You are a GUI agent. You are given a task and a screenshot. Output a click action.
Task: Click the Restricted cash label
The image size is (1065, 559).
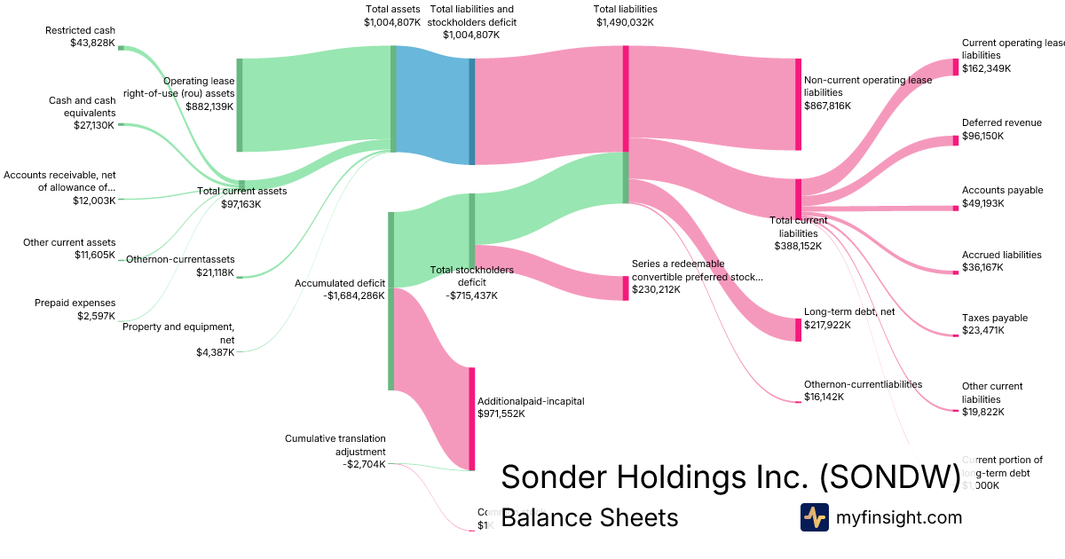click(x=81, y=30)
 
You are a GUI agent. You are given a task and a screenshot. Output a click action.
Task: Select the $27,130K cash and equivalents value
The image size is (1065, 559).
click(x=94, y=125)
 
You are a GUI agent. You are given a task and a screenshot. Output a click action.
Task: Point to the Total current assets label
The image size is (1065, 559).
click(x=241, y=191)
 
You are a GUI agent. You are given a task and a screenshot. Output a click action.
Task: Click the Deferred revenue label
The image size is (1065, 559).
click(x=1001, y=122)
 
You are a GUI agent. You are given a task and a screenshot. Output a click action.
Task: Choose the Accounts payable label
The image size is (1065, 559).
click(x=1002, y=190)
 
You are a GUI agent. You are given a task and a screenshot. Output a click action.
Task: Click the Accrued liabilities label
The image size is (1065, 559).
click(x=1001, y=255)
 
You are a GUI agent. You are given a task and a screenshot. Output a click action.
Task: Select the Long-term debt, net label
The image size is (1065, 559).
click(x=849, y=312)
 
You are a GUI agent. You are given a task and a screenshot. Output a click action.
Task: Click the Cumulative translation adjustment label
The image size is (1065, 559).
click(x=335, y=445)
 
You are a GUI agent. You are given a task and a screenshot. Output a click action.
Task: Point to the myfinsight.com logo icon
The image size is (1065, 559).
click(x=814, y=517)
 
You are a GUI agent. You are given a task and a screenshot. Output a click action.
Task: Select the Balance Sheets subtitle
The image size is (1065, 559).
click(x=589, y=517)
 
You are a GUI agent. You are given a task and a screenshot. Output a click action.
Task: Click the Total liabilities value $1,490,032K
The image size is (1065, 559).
click(x=626, y=22)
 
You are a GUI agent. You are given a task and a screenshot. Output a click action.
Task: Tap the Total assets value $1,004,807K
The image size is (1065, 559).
click(x=392, y=22)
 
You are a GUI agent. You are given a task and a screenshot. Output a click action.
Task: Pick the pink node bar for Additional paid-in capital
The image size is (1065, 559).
click(x=472, y=418)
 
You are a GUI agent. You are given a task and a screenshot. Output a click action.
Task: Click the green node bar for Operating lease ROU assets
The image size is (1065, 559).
click(x=239, y=105)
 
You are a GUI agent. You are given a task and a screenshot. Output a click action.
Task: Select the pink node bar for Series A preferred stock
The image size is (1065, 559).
click(x=625, y=288)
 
